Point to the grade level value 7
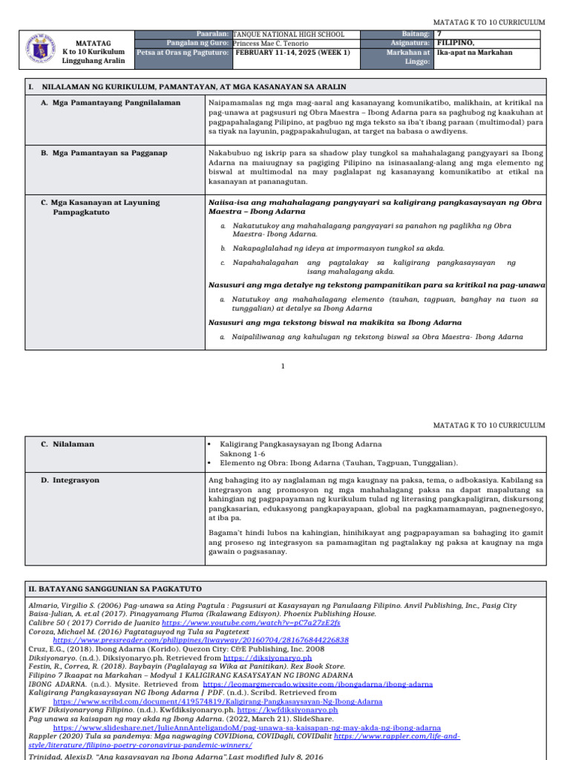pos(439,34)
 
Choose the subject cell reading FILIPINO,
pos(456,43)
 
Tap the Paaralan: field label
pos(213,34)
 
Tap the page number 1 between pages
pos(284,366)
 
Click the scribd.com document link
pos(218,701)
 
